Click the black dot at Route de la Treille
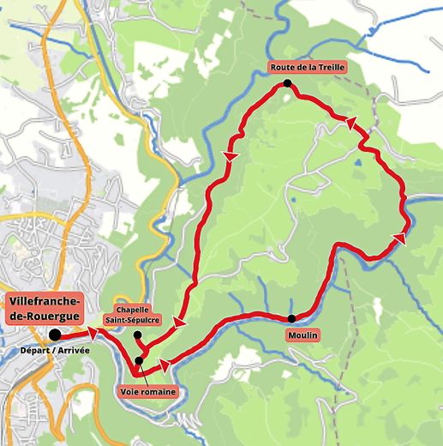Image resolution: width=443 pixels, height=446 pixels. pos(287,84)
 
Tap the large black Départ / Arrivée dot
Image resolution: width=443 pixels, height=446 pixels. pos(55,334)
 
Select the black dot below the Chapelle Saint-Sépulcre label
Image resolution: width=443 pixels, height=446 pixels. pos(137,334)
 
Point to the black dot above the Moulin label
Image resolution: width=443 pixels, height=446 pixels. pos(291,318)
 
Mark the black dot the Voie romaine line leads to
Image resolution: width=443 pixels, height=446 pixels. pos(139,360)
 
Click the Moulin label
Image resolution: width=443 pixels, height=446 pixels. pos(302,335)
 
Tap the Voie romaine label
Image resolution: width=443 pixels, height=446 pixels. pos(147,392)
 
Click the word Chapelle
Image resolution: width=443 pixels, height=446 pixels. pos(134,310)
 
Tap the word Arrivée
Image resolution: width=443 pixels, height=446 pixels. pos(72,350)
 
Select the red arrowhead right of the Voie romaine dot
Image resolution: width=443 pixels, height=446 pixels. pos(165,365)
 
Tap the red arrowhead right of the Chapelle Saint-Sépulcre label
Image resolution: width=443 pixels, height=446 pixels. pos(180,322)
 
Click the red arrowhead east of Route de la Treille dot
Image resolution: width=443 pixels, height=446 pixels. pos(350,124)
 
